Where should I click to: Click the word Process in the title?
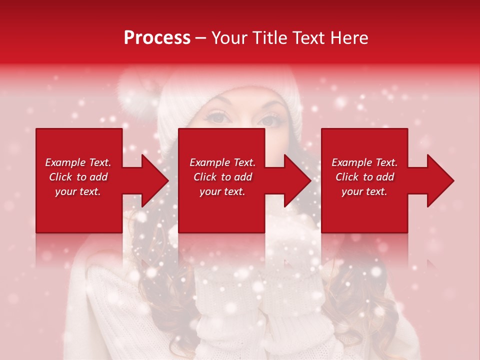(x=157, y=38)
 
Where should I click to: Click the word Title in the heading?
(x=268, y=38)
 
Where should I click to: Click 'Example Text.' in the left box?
(x=78, y=162)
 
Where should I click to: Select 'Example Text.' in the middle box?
(x=222, y=162)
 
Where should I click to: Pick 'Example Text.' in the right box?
(x=364, y=162)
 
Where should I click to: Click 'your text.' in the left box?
(x=78, y=191)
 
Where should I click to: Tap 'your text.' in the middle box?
(x=222, y=191)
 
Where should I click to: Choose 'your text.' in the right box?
(x=364, y=191)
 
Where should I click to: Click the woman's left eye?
(x=269, y=120)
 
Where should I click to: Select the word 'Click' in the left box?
(x=61, y=177)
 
